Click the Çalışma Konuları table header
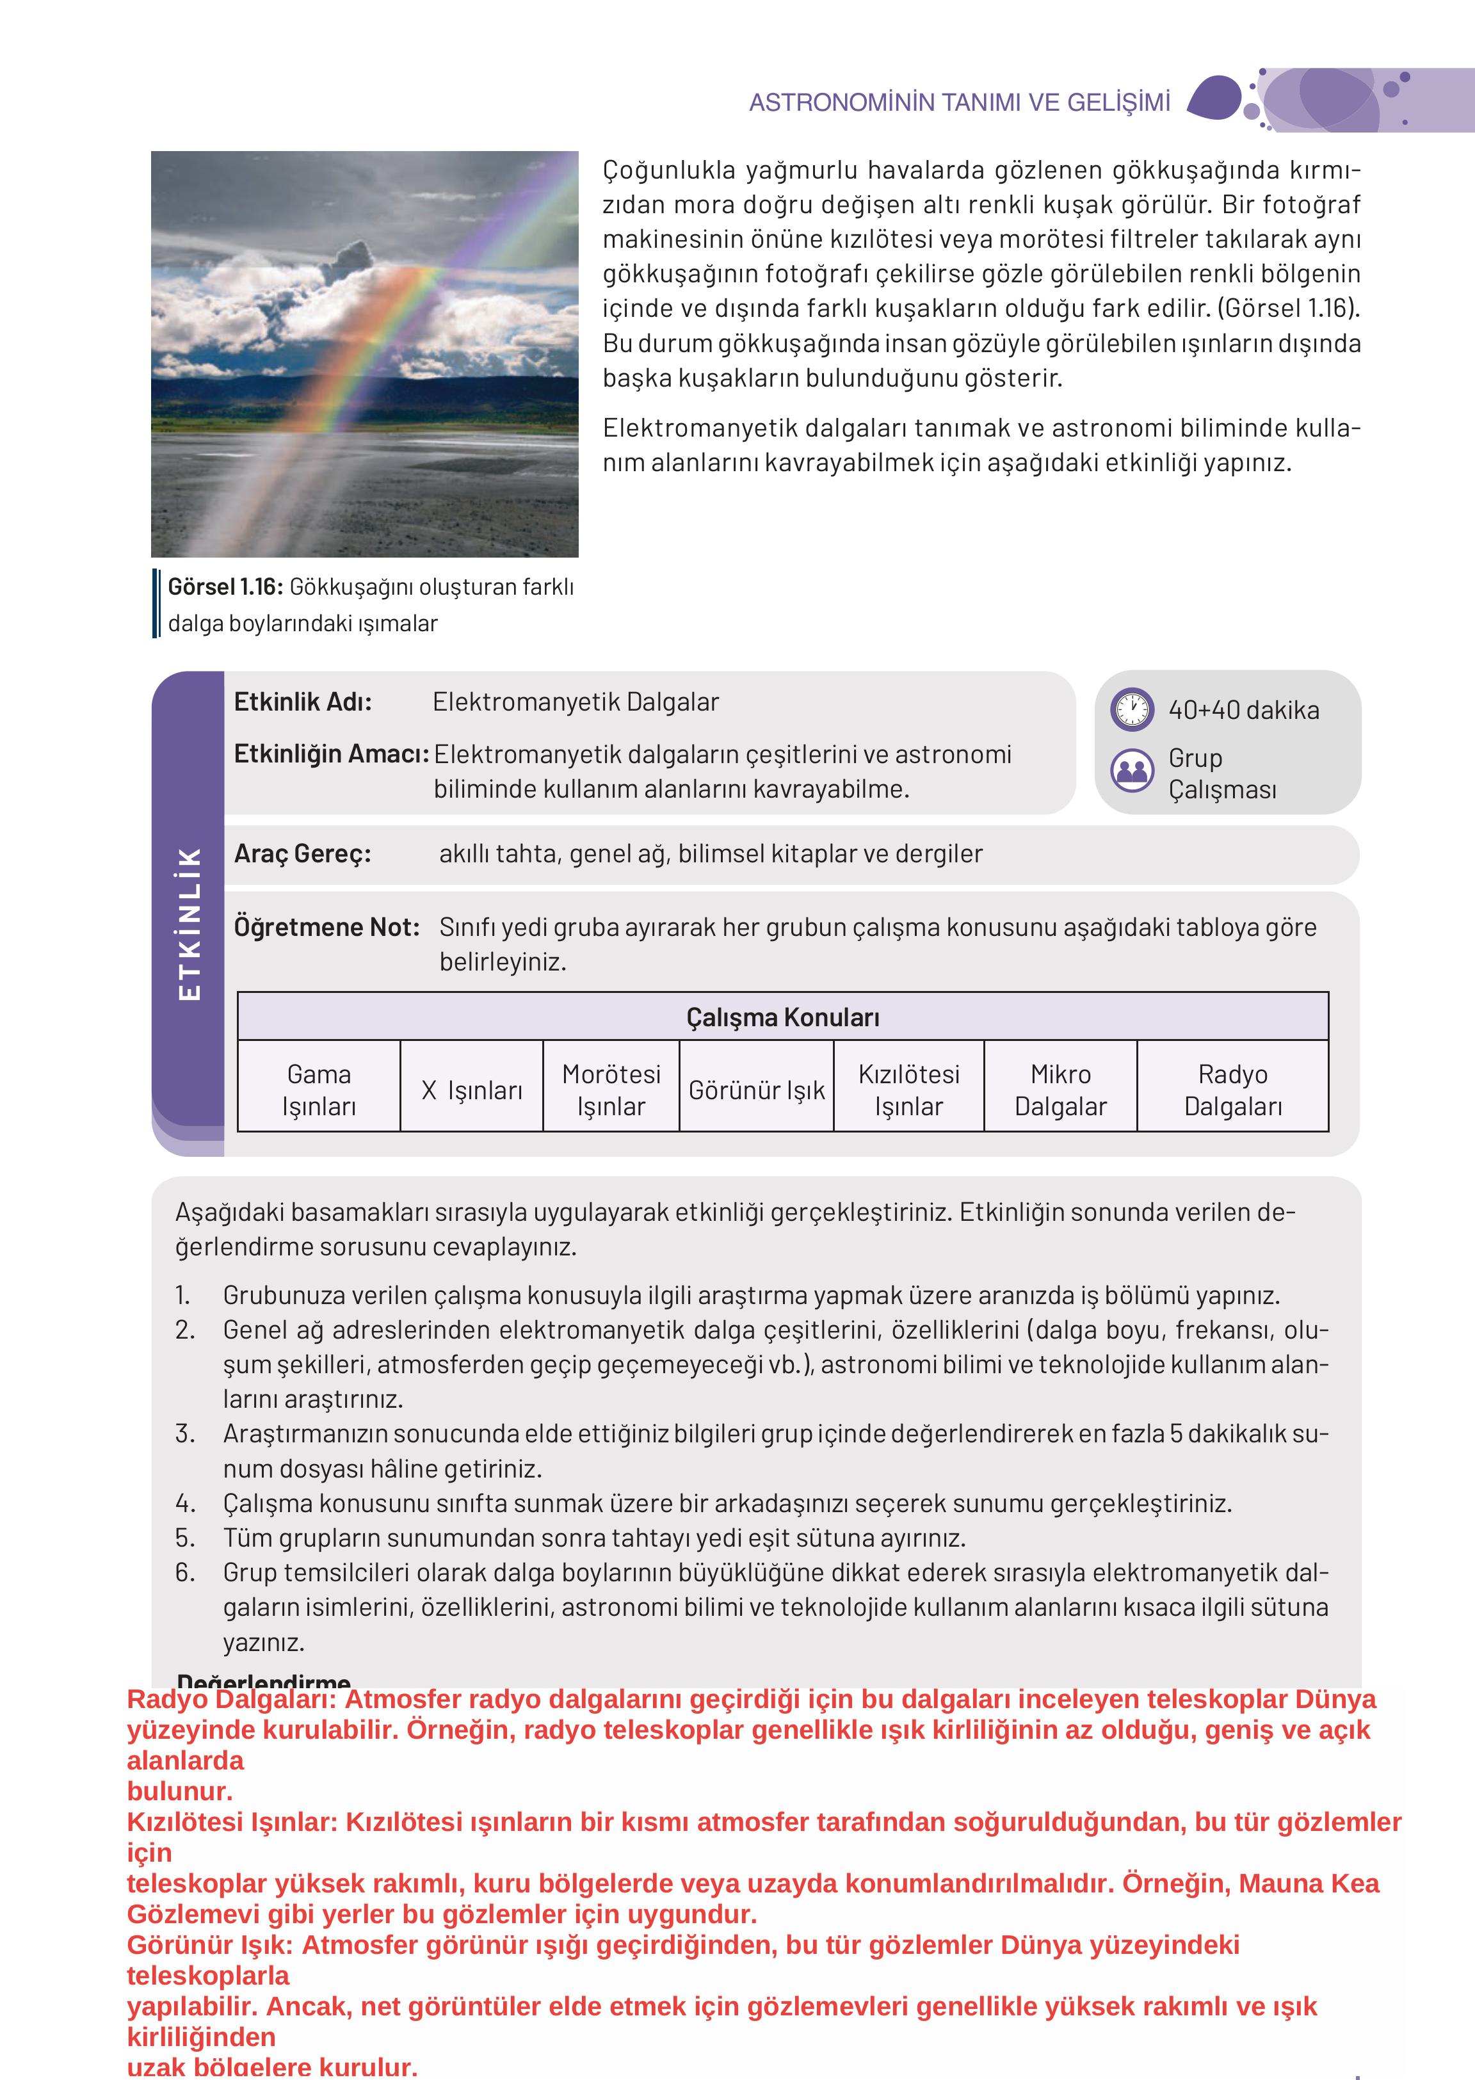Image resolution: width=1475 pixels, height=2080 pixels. [x=782, y=1017]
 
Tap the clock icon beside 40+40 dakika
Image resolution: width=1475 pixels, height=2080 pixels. [x=1132, y=709]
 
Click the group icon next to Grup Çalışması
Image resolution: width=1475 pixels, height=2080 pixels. [x=1132, y=770]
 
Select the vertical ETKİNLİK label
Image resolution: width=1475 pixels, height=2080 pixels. [x=189, y=924]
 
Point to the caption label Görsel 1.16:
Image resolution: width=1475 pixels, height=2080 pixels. [x=225, y=587]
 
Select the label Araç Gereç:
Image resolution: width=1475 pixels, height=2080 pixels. [x=302, y=854]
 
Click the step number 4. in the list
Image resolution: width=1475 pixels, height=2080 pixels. [x=185, y=1503]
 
